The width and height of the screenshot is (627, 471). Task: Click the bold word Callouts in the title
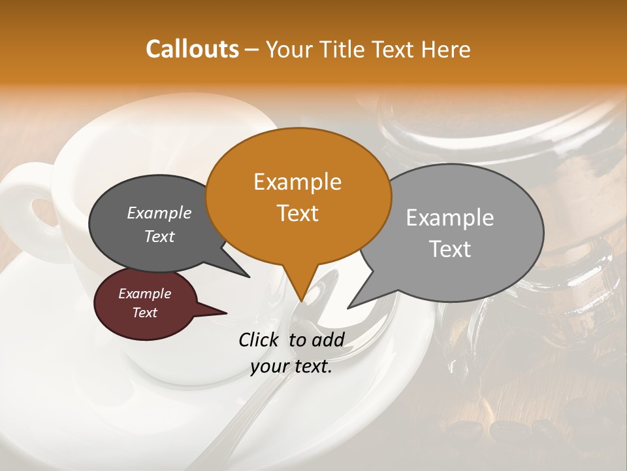(192, 49)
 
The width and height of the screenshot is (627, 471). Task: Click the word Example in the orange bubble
(297, 182)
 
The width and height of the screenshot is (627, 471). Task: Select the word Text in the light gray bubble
(450, 249)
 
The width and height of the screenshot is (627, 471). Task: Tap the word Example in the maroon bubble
(144, 294)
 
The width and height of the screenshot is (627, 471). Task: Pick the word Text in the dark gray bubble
(159, 237)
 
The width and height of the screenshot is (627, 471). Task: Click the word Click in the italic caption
(260, 340)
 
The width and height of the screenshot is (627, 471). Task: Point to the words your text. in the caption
(291, 367)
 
